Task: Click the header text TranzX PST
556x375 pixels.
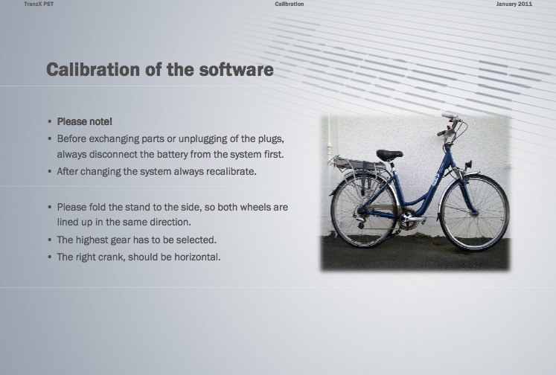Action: coord(39,4)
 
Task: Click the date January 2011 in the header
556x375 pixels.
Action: coord(514,4)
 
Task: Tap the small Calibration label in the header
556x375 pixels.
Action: coord(290,4)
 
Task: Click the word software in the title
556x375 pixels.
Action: coord(236,69)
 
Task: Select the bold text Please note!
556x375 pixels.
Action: coord(84,121)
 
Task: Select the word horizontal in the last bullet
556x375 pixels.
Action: coord(197,257)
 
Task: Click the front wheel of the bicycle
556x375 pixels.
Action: coord(474,212)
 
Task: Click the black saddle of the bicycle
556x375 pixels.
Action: coord(389,155)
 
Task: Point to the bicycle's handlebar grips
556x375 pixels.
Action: coord(447,124)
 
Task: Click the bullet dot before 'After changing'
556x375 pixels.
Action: coord(50,172)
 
